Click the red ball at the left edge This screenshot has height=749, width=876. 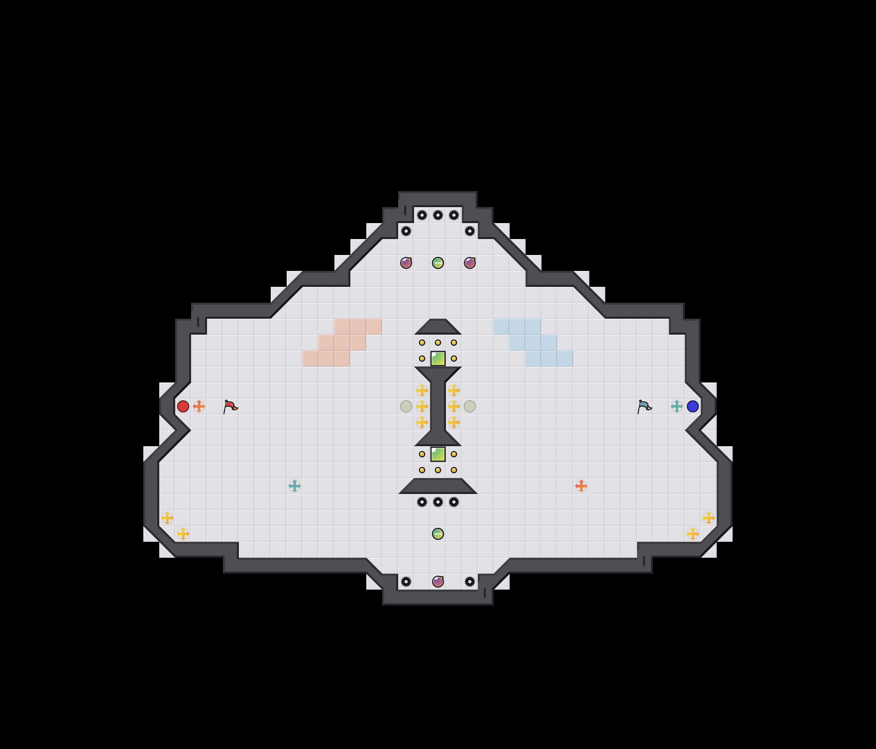[183, 406]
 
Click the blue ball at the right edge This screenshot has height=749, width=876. [692, 406]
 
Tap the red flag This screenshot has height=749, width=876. [230, 406]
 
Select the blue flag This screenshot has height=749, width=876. [644, 406]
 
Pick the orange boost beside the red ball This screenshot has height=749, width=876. [199, 406]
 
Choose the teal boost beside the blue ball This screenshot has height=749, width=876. [677, 406]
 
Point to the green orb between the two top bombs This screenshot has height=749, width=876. [438, 263]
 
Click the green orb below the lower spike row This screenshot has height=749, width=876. [438, 534]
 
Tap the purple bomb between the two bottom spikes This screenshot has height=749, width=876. [438, 582]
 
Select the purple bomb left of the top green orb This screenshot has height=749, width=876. [406, 263]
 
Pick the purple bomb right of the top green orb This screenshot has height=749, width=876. [470, 263]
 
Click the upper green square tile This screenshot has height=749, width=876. [438, 359]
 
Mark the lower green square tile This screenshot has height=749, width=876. [438, 454]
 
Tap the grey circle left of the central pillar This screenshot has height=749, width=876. [406, 406]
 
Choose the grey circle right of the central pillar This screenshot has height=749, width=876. [470, 406]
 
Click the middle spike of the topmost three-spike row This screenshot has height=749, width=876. [438, 215]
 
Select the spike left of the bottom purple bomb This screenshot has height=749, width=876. [406, 582]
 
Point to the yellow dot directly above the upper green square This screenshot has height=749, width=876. [438, 343]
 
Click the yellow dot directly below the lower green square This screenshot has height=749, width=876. [438, 470]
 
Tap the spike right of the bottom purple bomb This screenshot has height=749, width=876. [470, 582]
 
